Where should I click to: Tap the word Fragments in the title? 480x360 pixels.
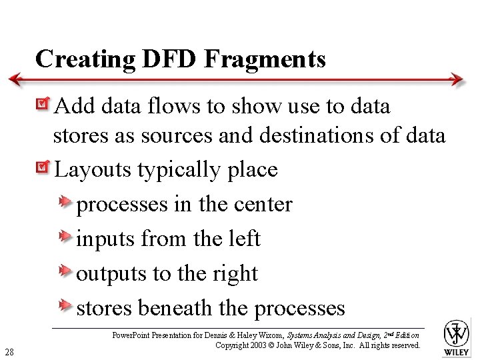pos(265,59)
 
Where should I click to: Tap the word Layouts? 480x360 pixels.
pos(93,169)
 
